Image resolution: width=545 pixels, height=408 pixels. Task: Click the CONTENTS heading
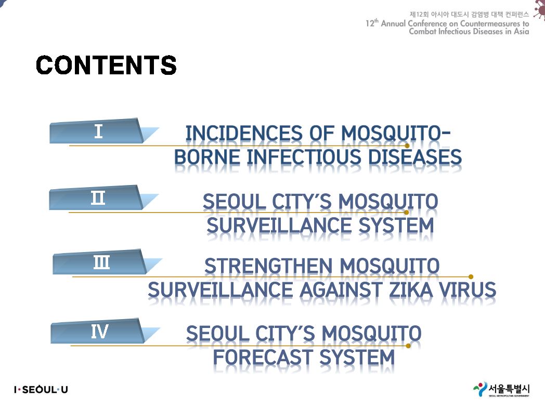pyautogui.click(x=107, y=65)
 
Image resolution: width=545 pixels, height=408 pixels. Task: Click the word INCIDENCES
pyautogui.click(x=244, y=134)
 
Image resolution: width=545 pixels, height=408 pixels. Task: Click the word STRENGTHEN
pyautogui.click(x=268, y=266)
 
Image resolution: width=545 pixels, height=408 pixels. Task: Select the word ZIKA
pyautogui.click(x=411, y=290)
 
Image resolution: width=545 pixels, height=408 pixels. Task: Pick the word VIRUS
pyautogui.click(x=467, y=290)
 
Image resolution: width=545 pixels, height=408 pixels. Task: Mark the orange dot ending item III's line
pyautogui.click(x=471, y=277)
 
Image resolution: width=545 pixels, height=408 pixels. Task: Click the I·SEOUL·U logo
pyautogui.click(x=41, y=390)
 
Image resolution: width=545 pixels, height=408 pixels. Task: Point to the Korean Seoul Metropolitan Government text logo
pyautogui.click(x=509, y=389)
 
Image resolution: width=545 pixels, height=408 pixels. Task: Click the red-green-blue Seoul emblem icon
pyautogui.click(x=480, y=389)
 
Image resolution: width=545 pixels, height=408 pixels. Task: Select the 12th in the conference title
pyautogui.click(x=372, y=23)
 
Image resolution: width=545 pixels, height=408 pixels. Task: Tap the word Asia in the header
pyautogui.click(x=522, y=31)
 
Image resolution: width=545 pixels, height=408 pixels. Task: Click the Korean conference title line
pyautogui.click(x=469, y=14)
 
